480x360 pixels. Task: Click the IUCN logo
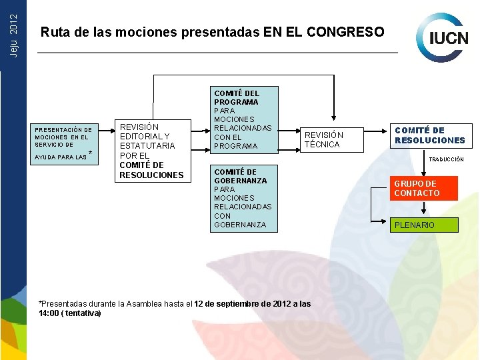pyautogui.click(x=443, y=37)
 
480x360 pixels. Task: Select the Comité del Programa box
pyautogui.click(x=244, y=119)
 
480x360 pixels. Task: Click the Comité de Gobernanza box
pyautogui.click(x=244, y=198)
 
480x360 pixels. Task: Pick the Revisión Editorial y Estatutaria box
pyautogui.click(x=151, y=151)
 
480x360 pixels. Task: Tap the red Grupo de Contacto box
pyautogui.click(x=425, y=189)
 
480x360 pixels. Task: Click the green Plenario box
pyautogui.click(x=425, y=225)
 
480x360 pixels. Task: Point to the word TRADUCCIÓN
pyautogui.click(x=446, y=160)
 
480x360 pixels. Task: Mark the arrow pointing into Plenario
pyautogui.click(x=385, y=225)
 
